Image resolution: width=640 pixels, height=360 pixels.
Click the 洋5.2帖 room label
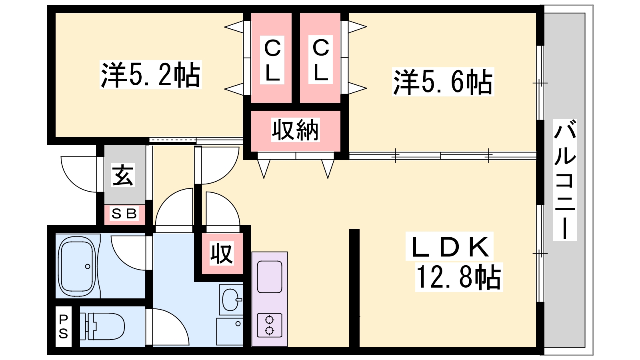coord(150,75)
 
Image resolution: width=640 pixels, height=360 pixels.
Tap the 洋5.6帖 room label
coord(443,82)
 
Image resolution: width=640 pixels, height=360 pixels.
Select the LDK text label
coord(450,247)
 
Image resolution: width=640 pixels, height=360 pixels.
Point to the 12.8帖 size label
coord(458,277)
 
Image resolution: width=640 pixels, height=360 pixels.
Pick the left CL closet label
coord(272,60)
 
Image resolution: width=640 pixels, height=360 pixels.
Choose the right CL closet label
coord(321,60)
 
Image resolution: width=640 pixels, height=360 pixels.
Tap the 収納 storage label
coord(295,130)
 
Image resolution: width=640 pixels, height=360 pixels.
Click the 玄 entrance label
coord(123,175)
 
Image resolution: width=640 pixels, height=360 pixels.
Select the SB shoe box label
coord(124,214)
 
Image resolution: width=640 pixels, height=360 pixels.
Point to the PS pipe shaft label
coord(64,326)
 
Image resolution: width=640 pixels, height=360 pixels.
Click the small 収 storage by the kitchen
coord(222,253)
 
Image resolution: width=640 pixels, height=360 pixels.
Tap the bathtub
coord(77,266)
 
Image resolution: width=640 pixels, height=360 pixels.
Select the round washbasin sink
coord(230,299)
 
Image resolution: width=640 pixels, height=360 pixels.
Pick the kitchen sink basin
coord(269,276)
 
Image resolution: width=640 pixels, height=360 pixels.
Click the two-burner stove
coord(269,325)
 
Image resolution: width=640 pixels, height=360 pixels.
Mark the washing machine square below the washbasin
coord(229,331)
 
